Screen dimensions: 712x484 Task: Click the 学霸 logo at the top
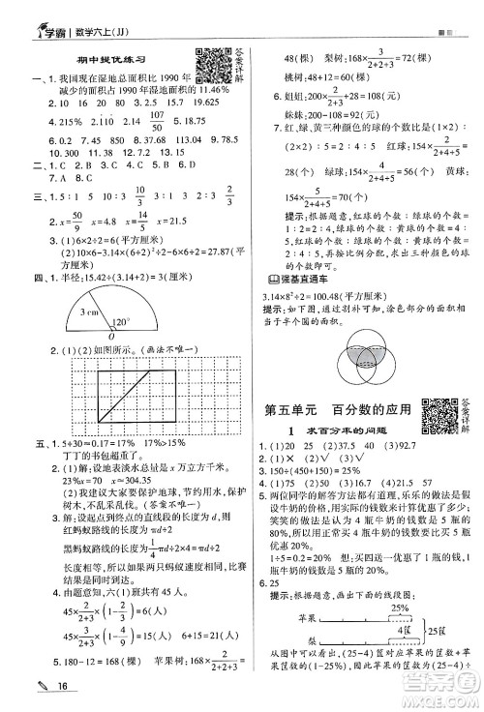coord(40,13)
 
